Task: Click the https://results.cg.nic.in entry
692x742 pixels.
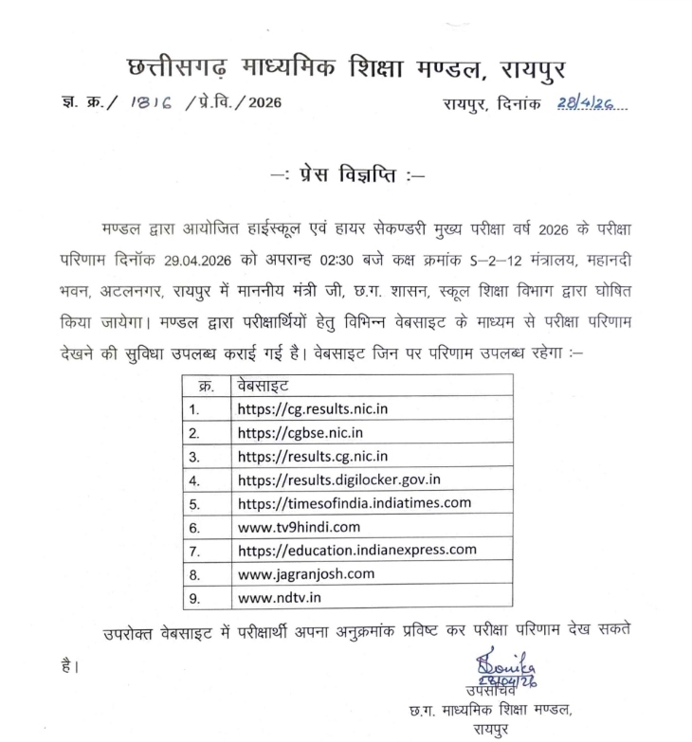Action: pos(312,457)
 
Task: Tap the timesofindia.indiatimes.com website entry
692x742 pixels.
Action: pos(355,503)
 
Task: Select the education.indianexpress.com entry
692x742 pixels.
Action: pos(356,550)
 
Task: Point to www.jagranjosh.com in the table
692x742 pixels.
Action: pos(305,573)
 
